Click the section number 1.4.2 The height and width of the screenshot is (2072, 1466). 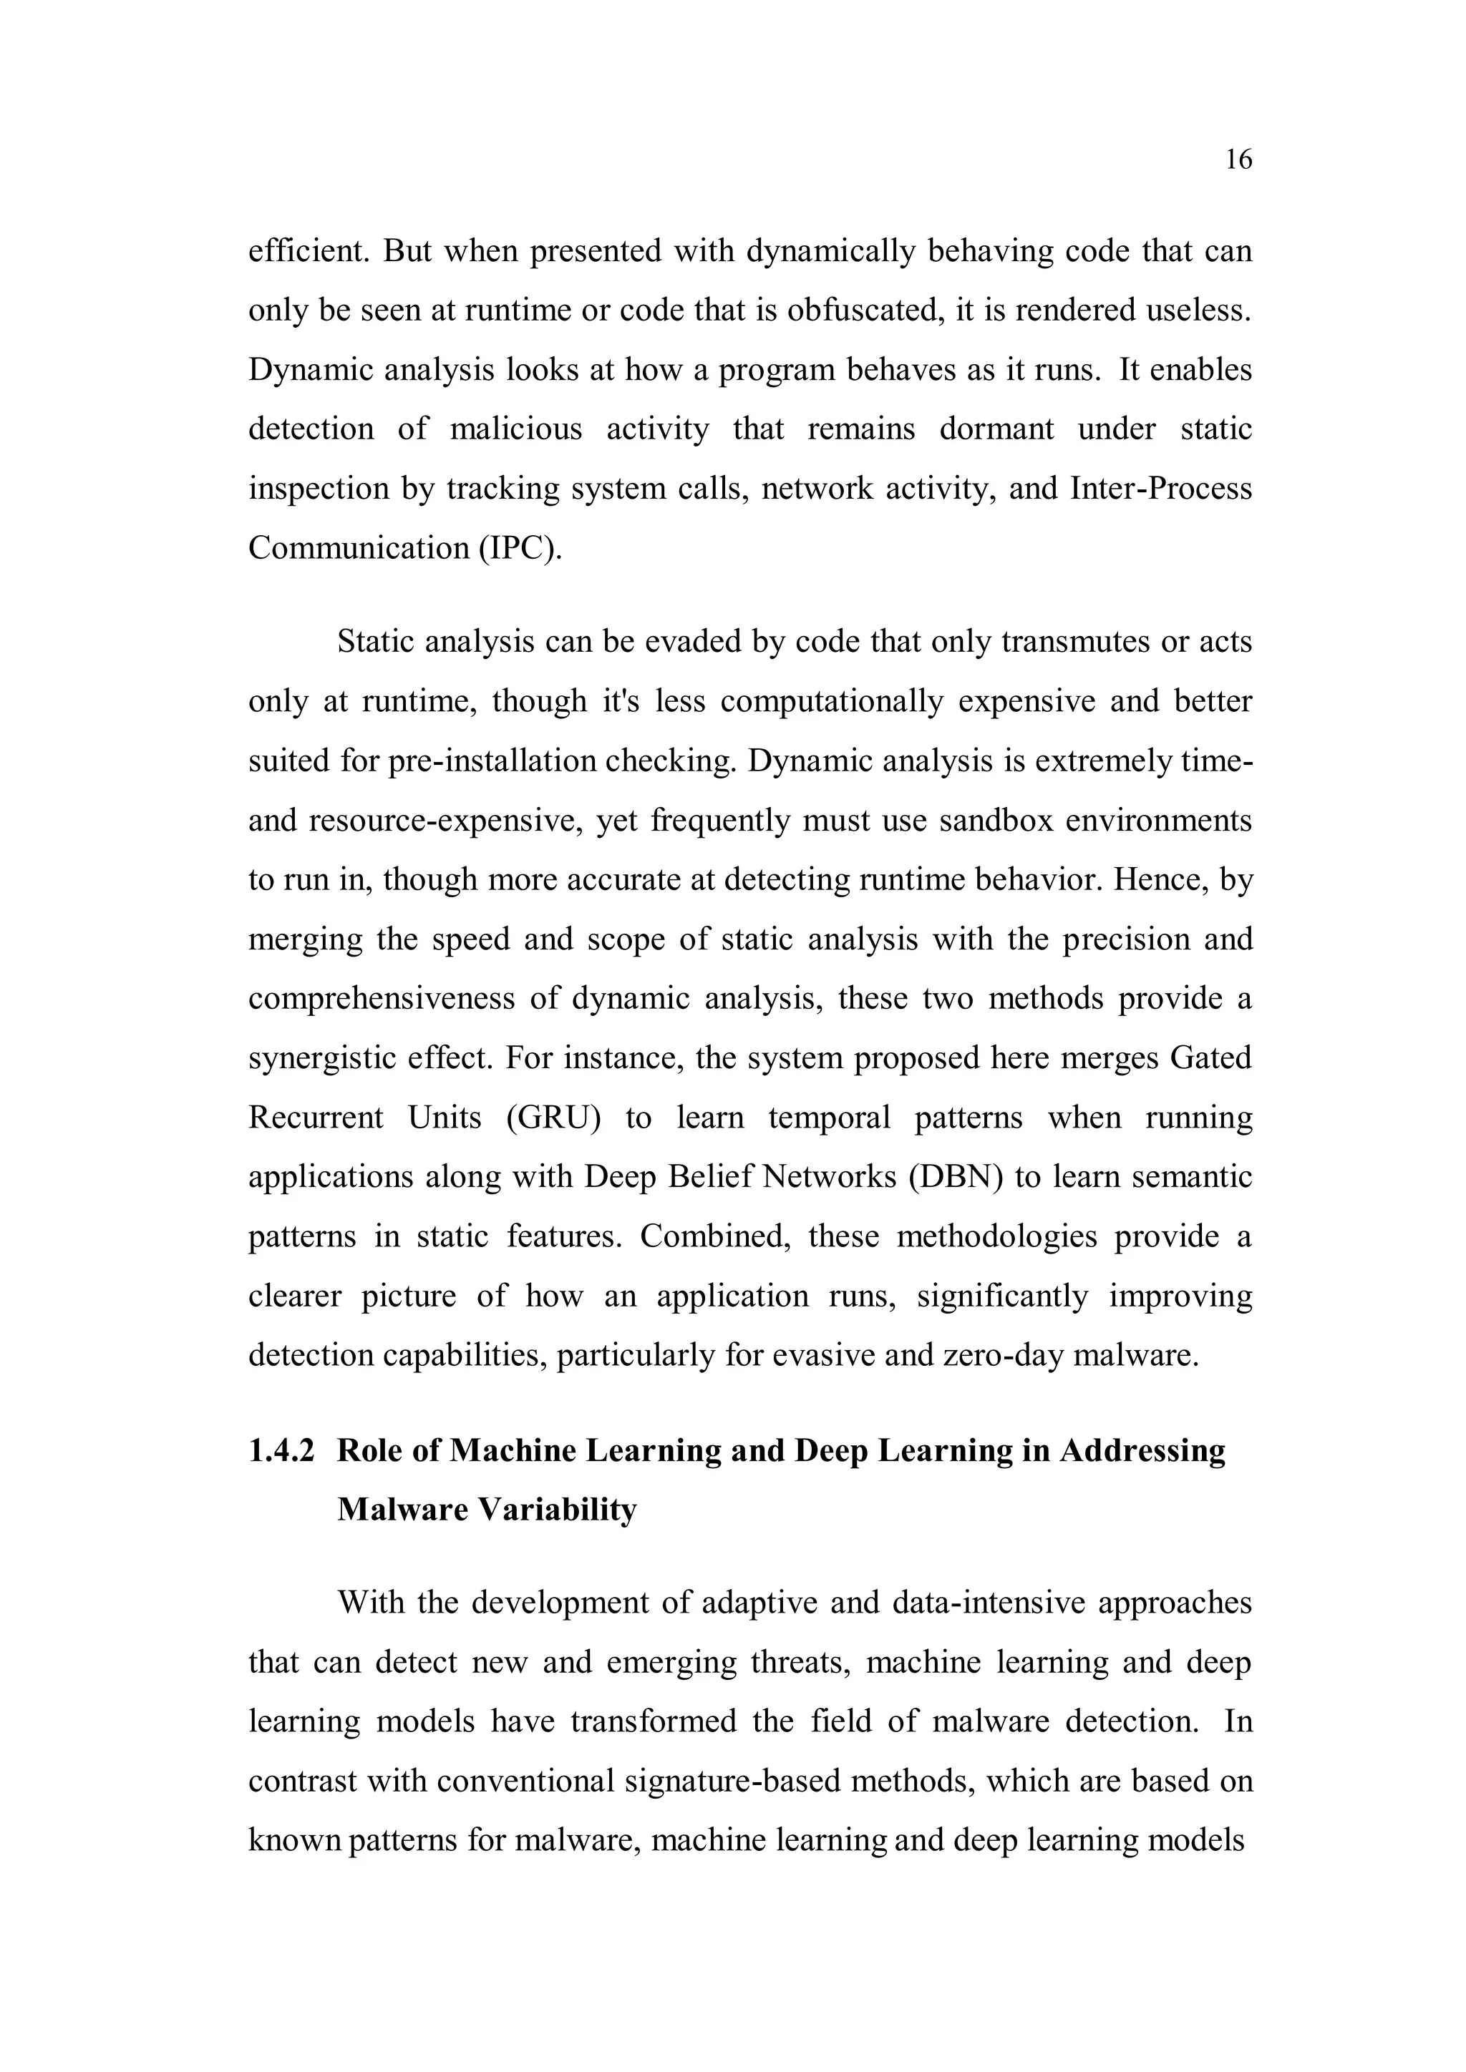281,1450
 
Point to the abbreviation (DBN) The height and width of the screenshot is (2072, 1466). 956,1177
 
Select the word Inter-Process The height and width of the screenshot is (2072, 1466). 1161,488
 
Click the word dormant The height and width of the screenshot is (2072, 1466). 996,429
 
